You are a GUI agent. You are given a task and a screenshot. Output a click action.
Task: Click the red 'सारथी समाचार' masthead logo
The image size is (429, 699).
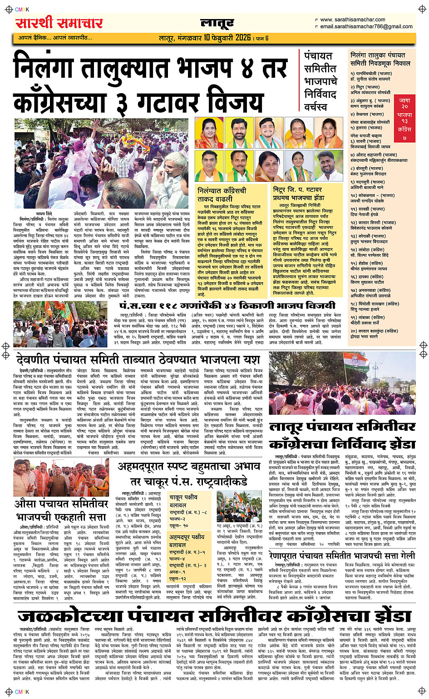pos(59,23)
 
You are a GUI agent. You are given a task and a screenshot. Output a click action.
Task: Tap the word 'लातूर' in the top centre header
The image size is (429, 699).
pos(217,23)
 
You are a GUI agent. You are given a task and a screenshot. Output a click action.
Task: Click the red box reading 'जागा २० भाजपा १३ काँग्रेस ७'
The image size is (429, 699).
pos(404,119)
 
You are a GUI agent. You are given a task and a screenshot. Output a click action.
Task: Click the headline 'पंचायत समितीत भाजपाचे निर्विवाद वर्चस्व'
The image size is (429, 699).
pos(321,81)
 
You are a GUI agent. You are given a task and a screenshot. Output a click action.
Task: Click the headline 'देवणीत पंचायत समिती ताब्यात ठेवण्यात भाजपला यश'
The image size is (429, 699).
pos(138,360)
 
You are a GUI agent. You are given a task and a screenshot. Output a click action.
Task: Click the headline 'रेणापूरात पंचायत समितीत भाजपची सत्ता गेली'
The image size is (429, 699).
pos(341,555)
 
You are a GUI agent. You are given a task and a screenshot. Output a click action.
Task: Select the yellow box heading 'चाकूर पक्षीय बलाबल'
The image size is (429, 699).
pos(184,501)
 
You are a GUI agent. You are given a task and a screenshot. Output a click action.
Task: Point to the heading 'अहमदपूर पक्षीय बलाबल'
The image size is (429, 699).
pos(187,541)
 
